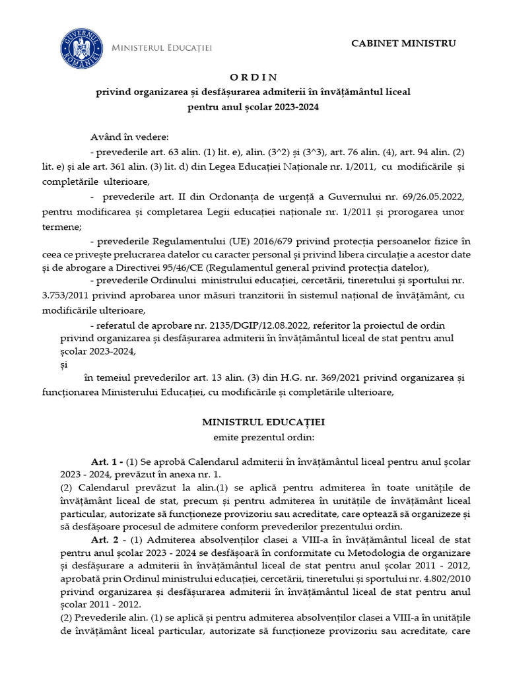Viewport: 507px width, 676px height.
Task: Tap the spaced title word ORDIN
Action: [x=253, y=78]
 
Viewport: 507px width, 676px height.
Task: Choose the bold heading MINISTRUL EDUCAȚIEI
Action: [x=253, y=421]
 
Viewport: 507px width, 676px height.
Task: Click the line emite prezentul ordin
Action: [x=253, y=436]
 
